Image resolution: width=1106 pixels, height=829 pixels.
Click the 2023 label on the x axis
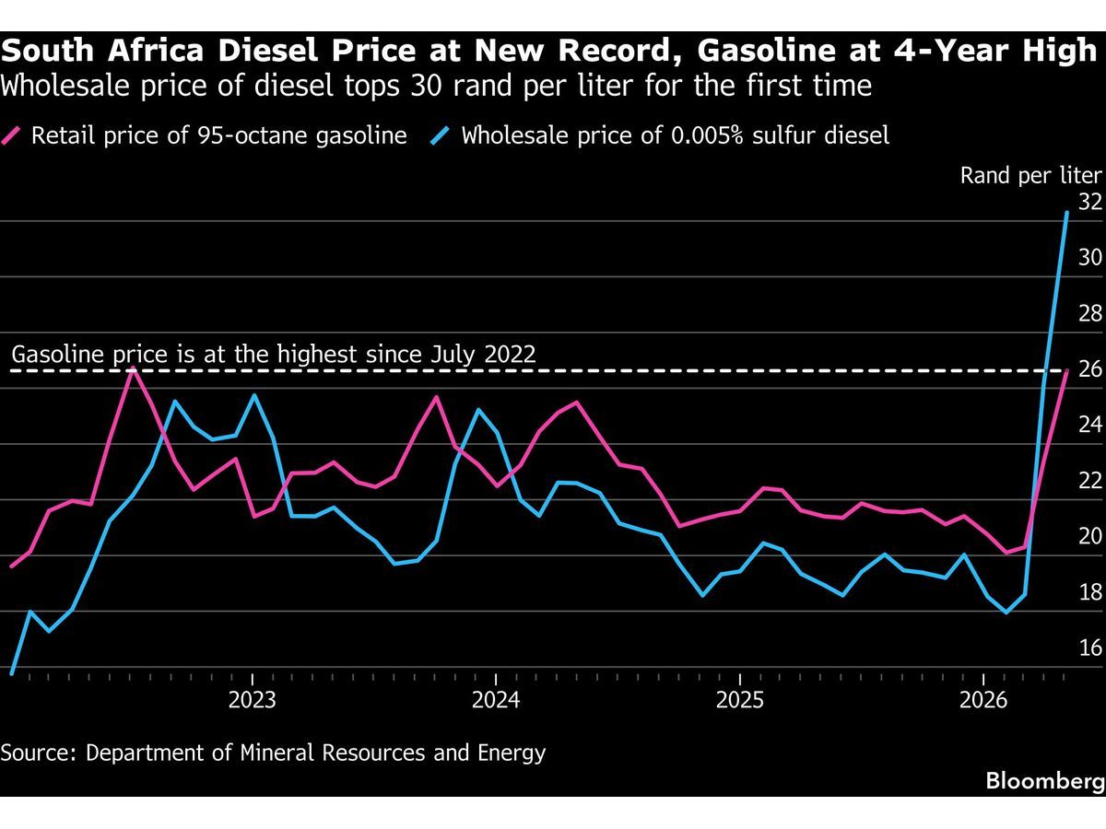[x=252, y=700]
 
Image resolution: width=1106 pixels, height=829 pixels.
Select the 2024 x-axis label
[x=496, y=700]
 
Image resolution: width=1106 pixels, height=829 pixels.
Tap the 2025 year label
[x=740, y=700]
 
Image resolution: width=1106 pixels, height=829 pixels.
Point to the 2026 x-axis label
[x=983, y=700]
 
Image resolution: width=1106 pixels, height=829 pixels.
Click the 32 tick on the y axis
[x=1090, y=202]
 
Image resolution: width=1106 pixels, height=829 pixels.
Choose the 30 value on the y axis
[x=1090, y=258]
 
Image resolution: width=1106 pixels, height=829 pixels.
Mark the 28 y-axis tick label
[x=1090, y=313]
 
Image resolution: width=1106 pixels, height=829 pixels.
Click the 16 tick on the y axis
[x=1090, y=648]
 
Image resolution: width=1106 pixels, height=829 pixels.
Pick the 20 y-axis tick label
[x=1090, y=537]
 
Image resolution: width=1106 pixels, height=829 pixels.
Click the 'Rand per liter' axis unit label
[x=1031, y=176]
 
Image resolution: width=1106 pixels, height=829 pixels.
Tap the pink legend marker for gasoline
[x=11, y=136]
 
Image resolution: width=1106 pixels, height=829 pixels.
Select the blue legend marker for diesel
[x=441, y=136]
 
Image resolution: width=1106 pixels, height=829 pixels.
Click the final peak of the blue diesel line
[x=1066, y=213]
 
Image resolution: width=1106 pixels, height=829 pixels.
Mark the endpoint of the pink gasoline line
[x=1066, y=371]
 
